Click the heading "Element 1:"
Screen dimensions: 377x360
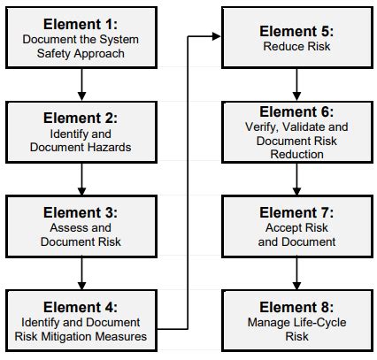(x=81, y=24)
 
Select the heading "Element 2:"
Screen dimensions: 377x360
(x=81, y=119)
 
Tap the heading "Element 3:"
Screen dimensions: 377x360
(x=81, y=212)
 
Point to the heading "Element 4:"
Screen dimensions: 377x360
(x=81, y=307)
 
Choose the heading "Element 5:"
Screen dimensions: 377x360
(x=296, y=31)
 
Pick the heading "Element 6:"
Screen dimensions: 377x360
(x=296, y=111)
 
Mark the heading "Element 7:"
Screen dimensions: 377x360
(x=296, y=212)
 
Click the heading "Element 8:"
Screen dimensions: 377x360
(x=296, y=307)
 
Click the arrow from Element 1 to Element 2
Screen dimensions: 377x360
(x=81, y=85)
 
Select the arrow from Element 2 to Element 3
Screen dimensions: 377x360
(x=81, y=179)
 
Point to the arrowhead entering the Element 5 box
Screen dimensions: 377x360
(x=216, y=36)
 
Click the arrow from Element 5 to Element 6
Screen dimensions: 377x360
(x=296, y=85)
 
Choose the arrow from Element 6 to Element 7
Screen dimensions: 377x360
(x=296, y=179)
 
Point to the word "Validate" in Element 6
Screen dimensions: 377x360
(x=304, y=127)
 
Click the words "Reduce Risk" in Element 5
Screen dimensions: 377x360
(x=296, y=46)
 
